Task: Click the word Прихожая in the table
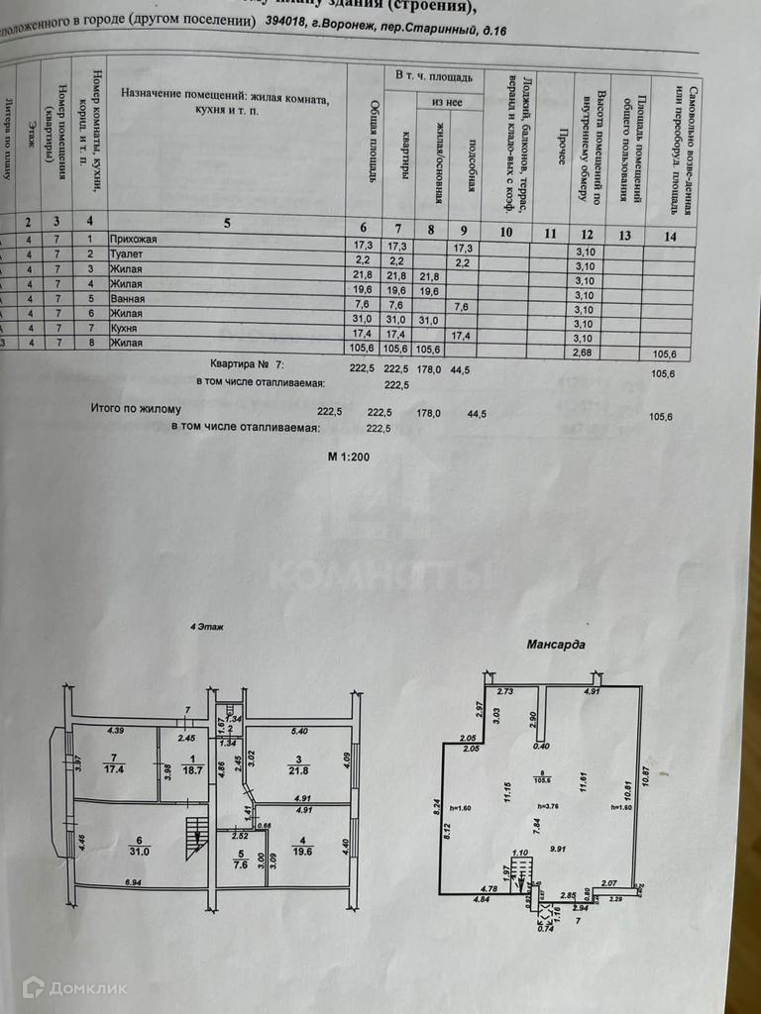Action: [x=136, y=240]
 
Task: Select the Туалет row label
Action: [x=129, y=254]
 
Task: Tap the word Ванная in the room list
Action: [x=130, y=298]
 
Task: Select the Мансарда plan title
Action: [x=556, y=644]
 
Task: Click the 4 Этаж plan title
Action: [x=207, y=627]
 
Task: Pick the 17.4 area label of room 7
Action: [x=112, y=767]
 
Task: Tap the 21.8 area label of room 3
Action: [x=296, y=769]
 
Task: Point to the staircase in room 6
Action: [x=197, y=838]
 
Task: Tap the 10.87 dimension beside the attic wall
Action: [x=647, y=767]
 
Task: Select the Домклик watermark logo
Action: [x=74, y=986]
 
